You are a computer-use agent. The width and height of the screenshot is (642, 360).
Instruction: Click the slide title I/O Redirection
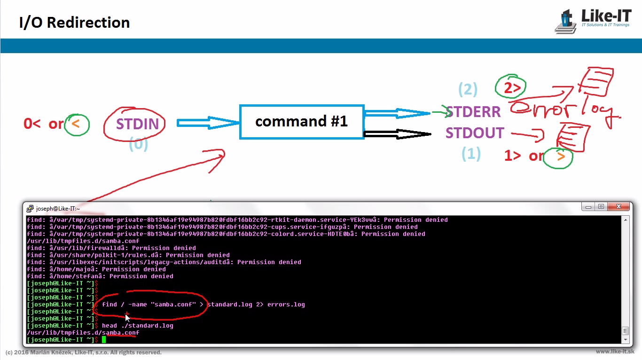click(x=74, y=23)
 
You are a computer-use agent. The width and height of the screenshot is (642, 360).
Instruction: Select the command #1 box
click(x=301, y=122)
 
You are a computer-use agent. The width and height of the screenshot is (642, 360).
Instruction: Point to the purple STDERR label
click(x=473, y=112)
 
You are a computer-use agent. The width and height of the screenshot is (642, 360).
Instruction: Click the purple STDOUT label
click(x=475, y=133)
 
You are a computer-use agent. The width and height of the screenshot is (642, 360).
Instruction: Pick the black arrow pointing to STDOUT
click(x=397, y=134)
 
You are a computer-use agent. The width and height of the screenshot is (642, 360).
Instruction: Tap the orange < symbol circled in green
click(x=77, y=124)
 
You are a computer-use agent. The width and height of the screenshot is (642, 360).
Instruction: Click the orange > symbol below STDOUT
click(x=560, y=157)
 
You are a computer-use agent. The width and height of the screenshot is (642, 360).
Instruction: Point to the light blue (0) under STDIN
click(x=138, y=144)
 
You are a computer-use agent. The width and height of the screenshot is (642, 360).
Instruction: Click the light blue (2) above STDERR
click(x=468, y=89)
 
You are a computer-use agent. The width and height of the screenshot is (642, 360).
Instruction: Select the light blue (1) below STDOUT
click(x=471, y=154)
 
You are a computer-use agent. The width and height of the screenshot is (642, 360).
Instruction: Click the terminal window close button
click(x=619, y=207)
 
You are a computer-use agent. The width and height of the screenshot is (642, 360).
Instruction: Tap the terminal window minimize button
click(x=588, y=207)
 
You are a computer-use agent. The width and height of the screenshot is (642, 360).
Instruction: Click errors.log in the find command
click(x=286, y=305)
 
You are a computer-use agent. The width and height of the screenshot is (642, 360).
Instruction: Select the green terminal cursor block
click(x=104, y=339)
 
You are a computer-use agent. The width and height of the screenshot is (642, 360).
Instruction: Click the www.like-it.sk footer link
click(x=615, y=352)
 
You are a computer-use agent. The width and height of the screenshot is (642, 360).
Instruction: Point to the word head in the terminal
click(x=110, y=325)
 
